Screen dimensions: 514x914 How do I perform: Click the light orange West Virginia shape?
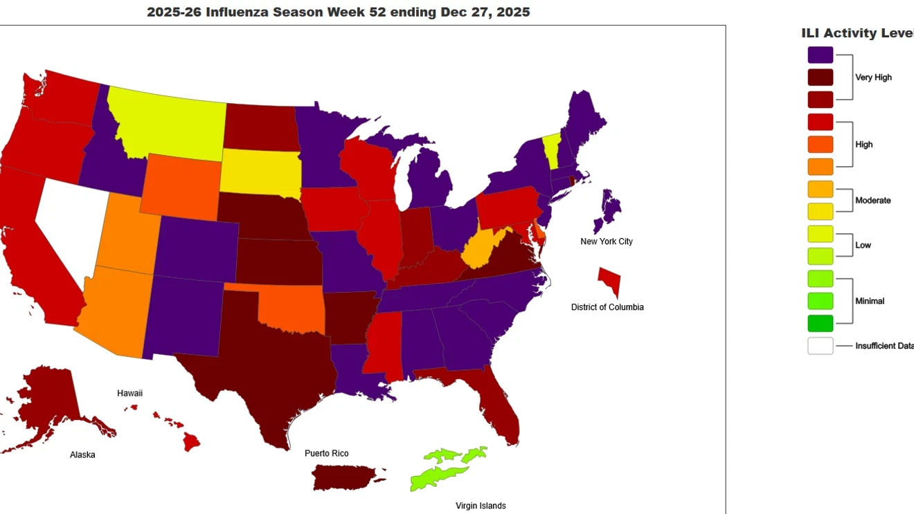pos(478,253)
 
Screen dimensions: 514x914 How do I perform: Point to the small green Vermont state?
pos(551,147)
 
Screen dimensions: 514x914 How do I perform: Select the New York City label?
pos(606,241)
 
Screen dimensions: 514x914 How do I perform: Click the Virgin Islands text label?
pos(481,506)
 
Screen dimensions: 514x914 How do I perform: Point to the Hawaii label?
pos(129,393)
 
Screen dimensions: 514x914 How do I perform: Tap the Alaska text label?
pos(82,455)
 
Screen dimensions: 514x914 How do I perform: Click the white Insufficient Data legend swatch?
pos(820,346)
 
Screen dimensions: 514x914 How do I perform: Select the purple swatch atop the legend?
pos(820,55)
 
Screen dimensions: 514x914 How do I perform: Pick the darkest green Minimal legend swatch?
pos(820,323)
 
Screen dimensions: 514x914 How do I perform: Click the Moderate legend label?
pos(872,201)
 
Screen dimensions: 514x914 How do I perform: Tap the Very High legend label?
pos(873,77)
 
